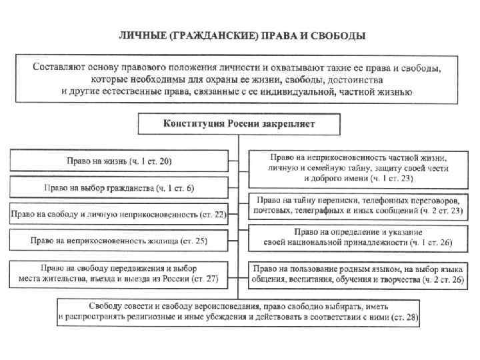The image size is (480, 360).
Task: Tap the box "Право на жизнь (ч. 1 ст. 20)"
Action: point(119,161)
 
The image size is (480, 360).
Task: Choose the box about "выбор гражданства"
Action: point(119,188)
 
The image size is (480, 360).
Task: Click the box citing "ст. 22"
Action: point(119,215)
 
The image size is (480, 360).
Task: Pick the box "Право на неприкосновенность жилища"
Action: point(119,240)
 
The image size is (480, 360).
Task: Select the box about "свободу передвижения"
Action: point(119,273)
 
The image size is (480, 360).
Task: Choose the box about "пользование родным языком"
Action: point(357,273)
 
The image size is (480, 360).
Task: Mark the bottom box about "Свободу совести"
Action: point(239,312)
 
